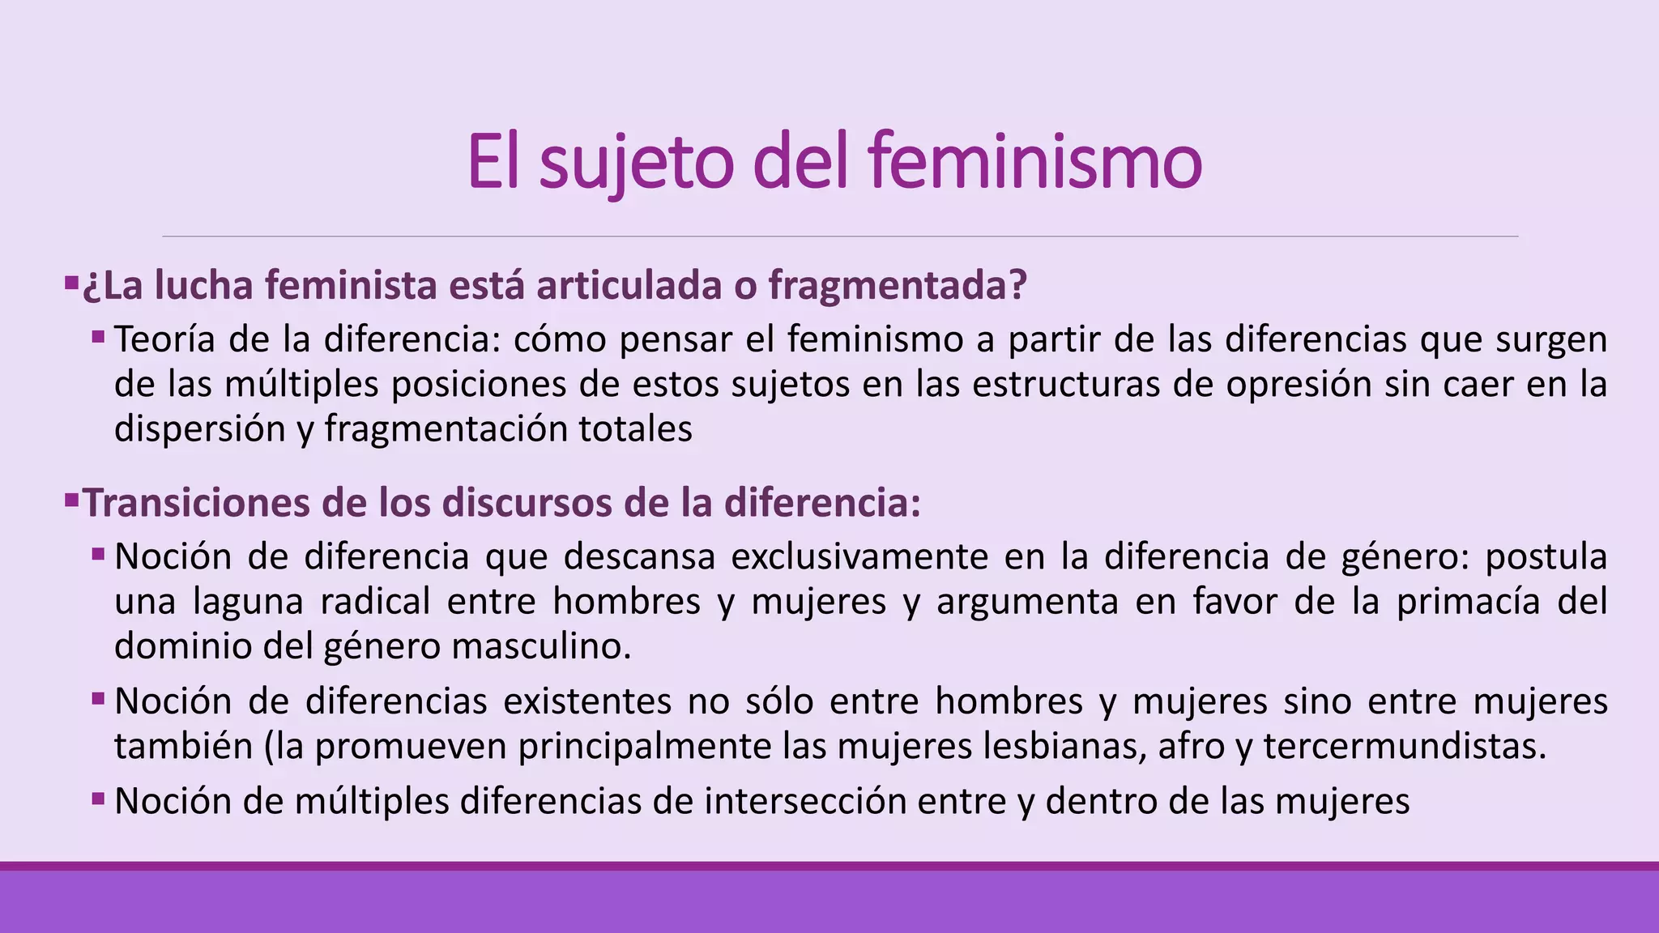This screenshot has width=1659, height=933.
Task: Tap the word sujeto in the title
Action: click(x=636, y=165)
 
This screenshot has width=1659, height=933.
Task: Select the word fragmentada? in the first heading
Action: click(x=898, y=286)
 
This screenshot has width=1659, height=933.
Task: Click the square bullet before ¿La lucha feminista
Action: click(x=71, y=283)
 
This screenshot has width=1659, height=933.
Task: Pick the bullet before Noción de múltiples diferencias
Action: click(x=99, y=799)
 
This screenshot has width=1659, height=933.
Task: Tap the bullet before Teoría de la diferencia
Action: click(x=99, y=336)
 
